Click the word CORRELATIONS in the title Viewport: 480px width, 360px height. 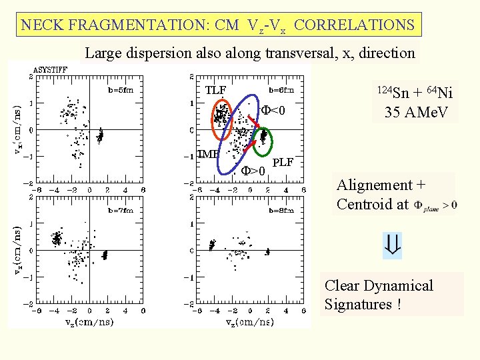pos(354,25)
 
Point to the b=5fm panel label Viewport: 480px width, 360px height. pos(121,88)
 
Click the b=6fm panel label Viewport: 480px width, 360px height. pos(281,89)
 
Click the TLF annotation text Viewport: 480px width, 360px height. pos(215,90)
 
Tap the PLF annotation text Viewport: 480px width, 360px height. pos(283,162)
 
